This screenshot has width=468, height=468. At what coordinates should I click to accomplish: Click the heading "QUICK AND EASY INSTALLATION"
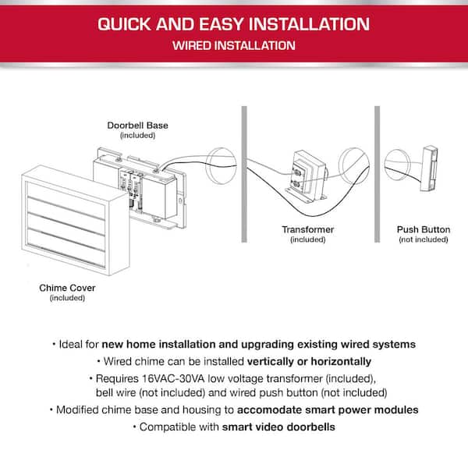pos(234,23)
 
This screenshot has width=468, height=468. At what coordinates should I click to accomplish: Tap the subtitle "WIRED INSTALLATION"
pos(234,45)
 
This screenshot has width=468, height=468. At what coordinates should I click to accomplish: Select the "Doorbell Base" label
pos(137,125)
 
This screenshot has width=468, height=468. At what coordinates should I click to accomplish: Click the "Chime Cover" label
pos(67,288)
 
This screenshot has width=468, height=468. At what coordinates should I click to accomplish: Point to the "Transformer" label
pos(307,229)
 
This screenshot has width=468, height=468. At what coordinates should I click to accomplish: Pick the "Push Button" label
pos(423,229)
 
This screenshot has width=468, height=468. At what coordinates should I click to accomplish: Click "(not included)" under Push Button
pos(423,239)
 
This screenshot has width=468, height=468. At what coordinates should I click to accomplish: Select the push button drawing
pos(428,168)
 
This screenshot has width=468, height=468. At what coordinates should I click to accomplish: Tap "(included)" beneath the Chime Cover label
pos(67,297)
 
